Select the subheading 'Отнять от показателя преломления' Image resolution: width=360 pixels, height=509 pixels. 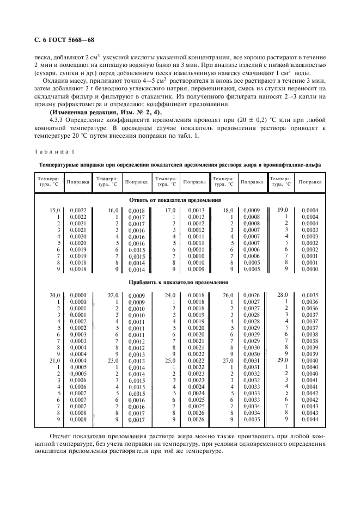click(x=179, y=199)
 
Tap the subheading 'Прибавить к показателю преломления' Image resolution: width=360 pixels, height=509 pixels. click(x=179, y=283)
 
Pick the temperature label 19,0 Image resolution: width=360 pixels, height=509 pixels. click(x=282, y=210)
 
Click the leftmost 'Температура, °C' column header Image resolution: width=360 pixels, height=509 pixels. click(x=48, y=181)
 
